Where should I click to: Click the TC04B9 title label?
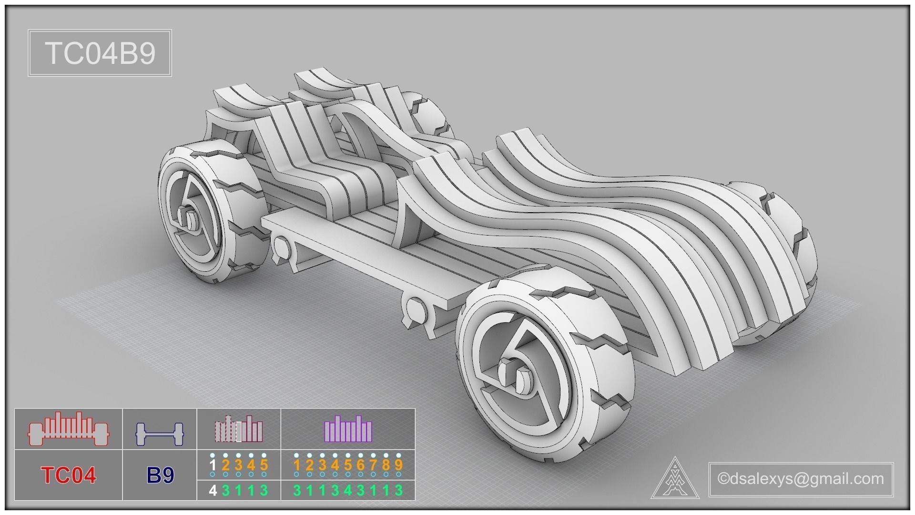click(100, 53)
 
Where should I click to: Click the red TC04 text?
click(69, 475)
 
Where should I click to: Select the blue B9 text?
click(160, 475)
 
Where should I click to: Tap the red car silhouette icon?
click(69, 429)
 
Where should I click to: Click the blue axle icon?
click(160, 433)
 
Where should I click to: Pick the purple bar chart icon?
click(348, 429)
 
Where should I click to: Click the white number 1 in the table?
click(213, 465)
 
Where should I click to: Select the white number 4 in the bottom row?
click(213, 490)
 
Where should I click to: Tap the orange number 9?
click(398, 465)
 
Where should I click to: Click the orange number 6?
click(360, 465)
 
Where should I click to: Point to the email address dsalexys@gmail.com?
click(801, 478)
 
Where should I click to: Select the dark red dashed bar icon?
click(238, 429)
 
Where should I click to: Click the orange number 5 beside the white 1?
click(264, 465)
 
